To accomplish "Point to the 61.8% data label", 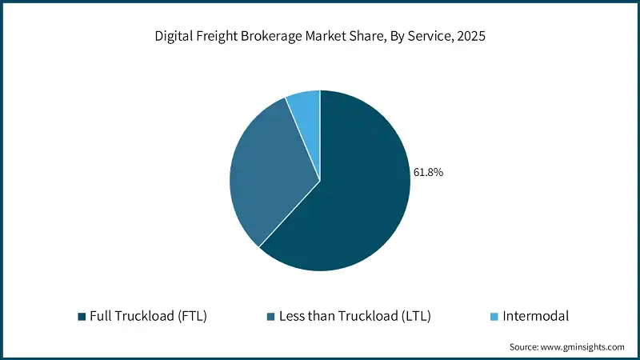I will [428, 172].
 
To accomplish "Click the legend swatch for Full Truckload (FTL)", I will [82, 316].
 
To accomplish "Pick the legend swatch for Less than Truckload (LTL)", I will [270, 316].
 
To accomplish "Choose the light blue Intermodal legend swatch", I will [494, 316].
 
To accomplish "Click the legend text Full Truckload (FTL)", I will [148, 316].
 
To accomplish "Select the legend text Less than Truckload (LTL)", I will [354, 316].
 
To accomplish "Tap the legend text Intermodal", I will [535, 316].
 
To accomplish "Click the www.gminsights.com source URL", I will [583, 346].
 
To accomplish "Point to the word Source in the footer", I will [525, 346].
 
